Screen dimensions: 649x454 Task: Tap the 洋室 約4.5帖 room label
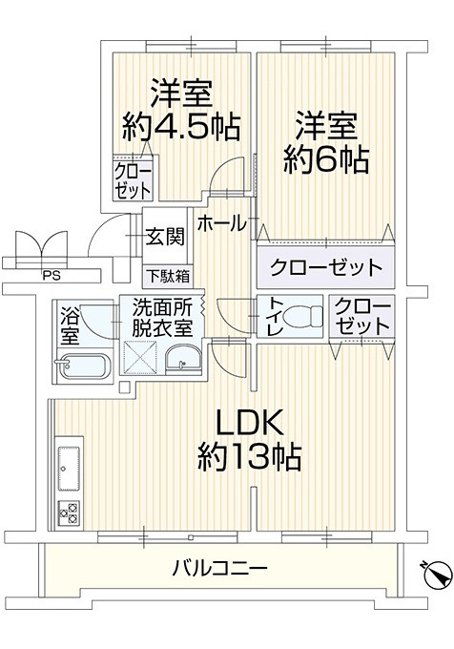180,111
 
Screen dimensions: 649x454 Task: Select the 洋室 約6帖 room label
325,142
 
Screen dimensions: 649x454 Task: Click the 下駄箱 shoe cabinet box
167,278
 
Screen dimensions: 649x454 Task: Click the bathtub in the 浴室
83,367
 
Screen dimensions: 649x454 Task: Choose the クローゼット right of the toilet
361,317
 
